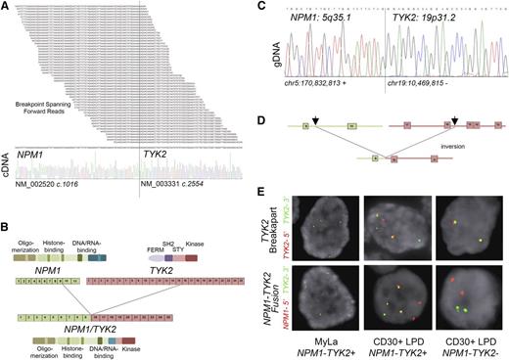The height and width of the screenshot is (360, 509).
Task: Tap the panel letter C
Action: [261, 6]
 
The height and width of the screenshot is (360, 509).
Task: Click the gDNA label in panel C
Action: [275, 52]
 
